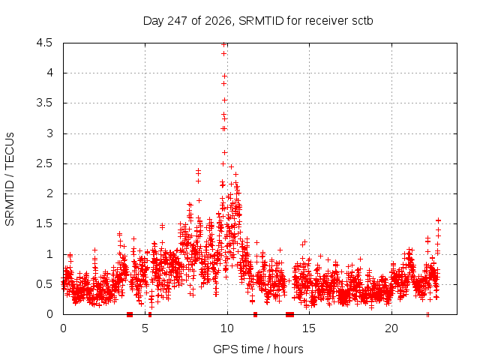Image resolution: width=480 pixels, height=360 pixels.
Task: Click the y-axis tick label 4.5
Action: tap(44, 43)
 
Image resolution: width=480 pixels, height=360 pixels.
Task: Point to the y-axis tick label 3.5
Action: tap(44, 103)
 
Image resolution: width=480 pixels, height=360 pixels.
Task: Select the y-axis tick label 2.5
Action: tap(44, 163)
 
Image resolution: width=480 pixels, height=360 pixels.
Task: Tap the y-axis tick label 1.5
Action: tap(44, 223)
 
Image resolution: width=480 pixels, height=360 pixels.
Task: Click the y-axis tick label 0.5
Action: tap(44, 284)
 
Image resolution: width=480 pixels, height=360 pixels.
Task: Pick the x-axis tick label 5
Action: tap(145, 328)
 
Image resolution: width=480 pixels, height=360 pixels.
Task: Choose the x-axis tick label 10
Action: tap(227, 328)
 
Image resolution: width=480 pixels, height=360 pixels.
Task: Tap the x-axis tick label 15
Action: tap(309, 328)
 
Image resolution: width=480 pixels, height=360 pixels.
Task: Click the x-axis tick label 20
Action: tap(391, 328)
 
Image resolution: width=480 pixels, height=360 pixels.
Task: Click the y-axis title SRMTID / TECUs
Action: tap(10, 179)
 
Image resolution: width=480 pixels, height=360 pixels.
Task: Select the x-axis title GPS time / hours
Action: tap(258, 349)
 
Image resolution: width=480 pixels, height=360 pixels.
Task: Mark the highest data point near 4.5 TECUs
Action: tap(223, 45)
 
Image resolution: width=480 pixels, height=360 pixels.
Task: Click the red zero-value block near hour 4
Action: tap(130, 314)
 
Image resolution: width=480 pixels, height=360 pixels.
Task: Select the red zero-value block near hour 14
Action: tap(290, 314)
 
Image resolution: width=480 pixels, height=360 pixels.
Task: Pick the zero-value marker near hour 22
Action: tap(427, 314)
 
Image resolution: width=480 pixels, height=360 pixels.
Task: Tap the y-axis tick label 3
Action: tap(49, 133)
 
